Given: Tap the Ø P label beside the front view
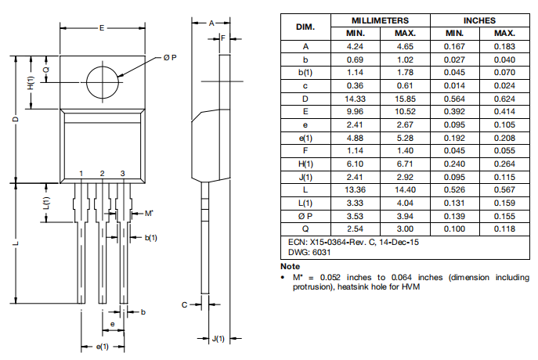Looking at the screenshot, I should pyautogui.click(x=169, y=59).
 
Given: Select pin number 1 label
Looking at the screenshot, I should pyautogui.click(x=81, y=173).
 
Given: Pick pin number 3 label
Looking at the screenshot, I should pyautogui.click(x=122, y=173).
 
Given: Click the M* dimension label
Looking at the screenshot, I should pyautogui.click(x=149, y=213).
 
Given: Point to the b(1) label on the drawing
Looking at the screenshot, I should pyautogui.click(x=150, y=237).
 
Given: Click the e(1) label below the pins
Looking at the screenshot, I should pyautogui.click(x=102, y=346).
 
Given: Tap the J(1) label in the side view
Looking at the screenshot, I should pyautogui.click(x=218, y=338).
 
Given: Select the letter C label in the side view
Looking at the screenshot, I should pyautogui.click(x=185, y=304).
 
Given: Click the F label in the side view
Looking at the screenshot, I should pyautogui.click(x=223, y=37).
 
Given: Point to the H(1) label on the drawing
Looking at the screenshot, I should pyautogui.click(x=31, y=82).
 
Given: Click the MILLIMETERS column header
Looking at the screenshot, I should pyautogui.click(x=380, y=20).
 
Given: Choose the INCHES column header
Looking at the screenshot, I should pyautogui.click(x=479, y=20).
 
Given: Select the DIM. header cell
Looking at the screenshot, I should pyautogui.click(x=305, y=27).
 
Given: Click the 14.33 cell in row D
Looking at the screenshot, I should pyautogui.click(x=356, y=99).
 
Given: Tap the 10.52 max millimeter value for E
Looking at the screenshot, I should pyautogui.click(x=405, y=112).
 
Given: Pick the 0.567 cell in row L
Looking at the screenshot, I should pyautogui.click(x=504, y=190).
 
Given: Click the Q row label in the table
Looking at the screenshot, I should pyautogui.click(x=305, y=229).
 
